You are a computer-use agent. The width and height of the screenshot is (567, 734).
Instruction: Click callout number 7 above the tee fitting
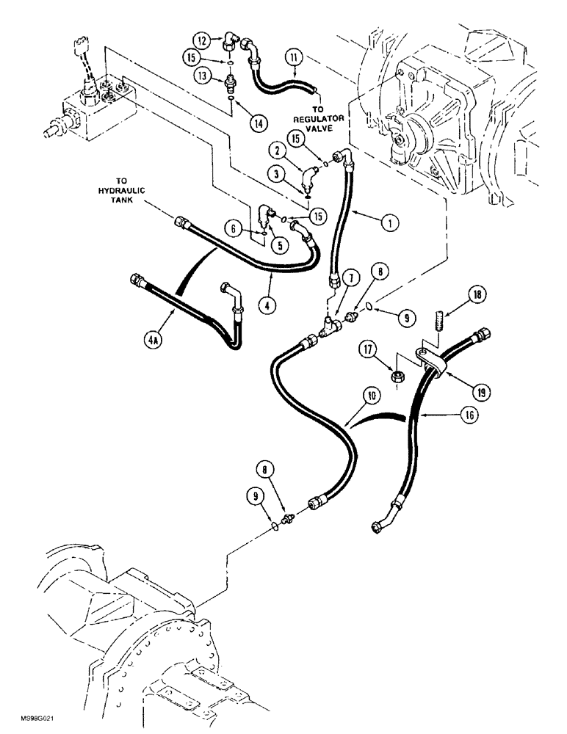tap(348, 277)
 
